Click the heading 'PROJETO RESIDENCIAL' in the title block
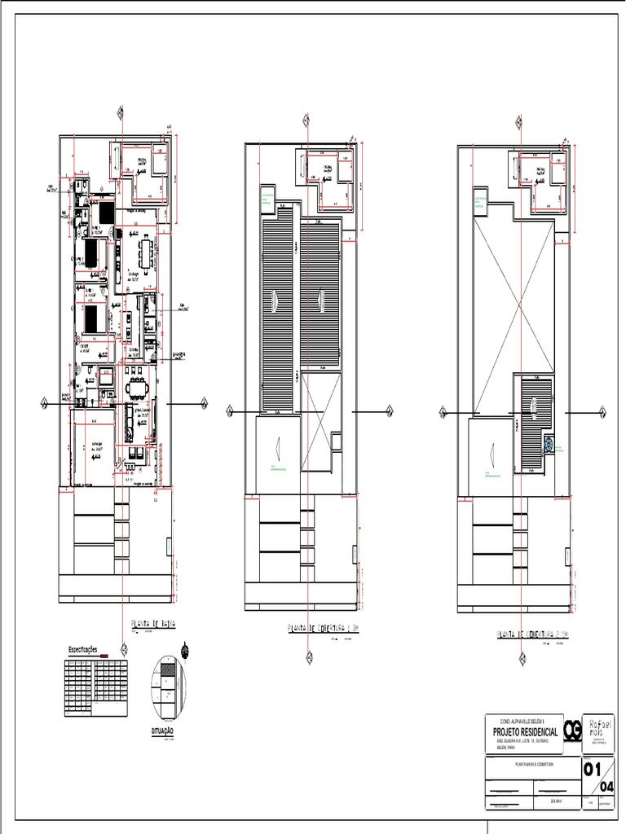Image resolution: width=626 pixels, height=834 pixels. click(x=529, y=732)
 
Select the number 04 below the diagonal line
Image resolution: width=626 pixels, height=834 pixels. click(x=607, y=786)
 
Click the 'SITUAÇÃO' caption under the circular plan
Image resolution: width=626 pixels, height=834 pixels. click(x=163, y=731)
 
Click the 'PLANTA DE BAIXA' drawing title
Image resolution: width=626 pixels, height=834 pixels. click(x=154, y=625)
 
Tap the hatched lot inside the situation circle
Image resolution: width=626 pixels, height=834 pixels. click(x=167, y=667)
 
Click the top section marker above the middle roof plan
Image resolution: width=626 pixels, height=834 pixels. click(x=306, y=122)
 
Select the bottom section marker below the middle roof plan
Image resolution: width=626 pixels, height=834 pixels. click(x=308, y=658)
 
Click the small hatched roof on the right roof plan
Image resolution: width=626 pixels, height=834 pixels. click(x=536, y=422)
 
